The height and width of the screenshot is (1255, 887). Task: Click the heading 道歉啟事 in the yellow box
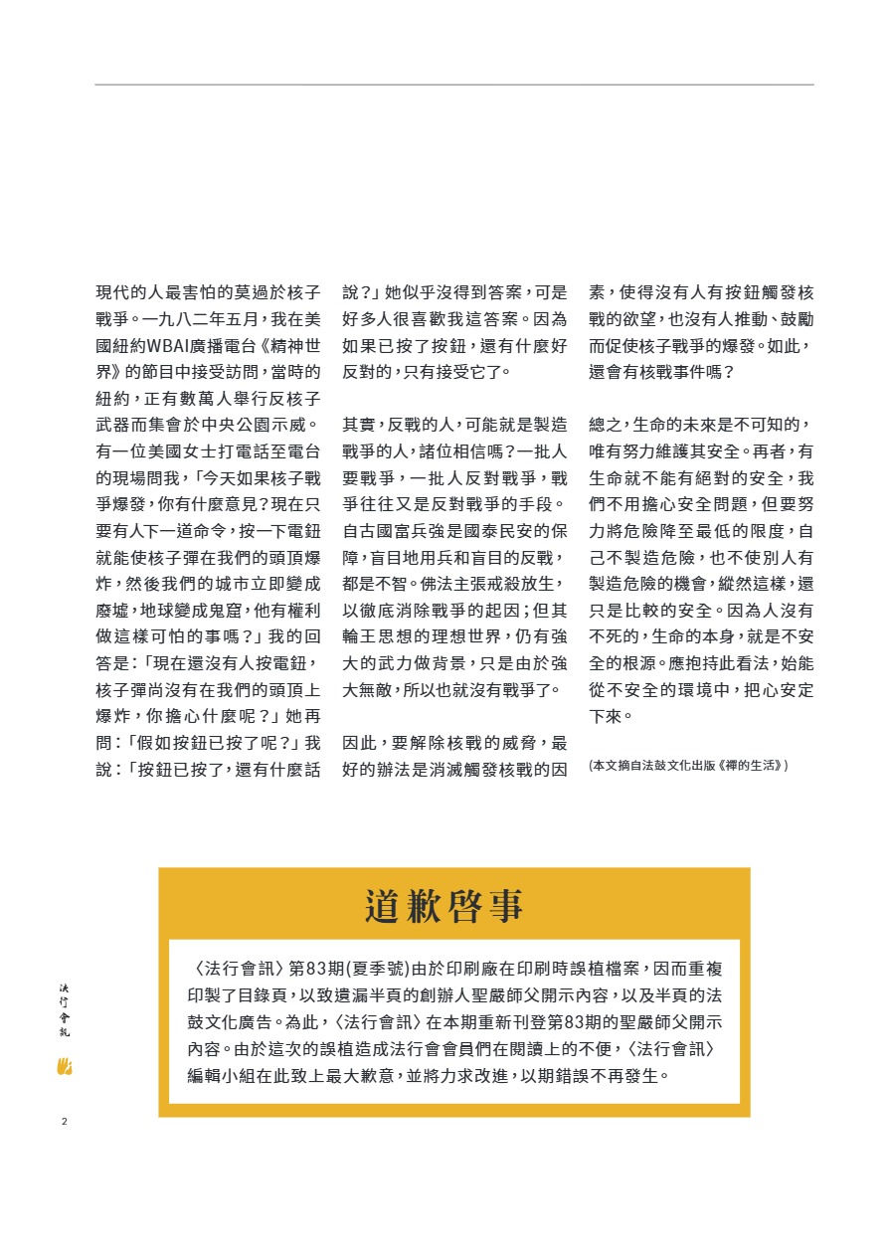pyautogui.click(x=443, y=906)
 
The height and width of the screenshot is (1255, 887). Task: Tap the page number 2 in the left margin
pyautogui.click(x=64, y=1123)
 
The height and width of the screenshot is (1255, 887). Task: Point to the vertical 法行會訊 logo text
pyautogui.click(x=65, y=1009)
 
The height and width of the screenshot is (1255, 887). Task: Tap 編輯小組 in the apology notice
pyautogui.click(x=225, y=1075)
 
